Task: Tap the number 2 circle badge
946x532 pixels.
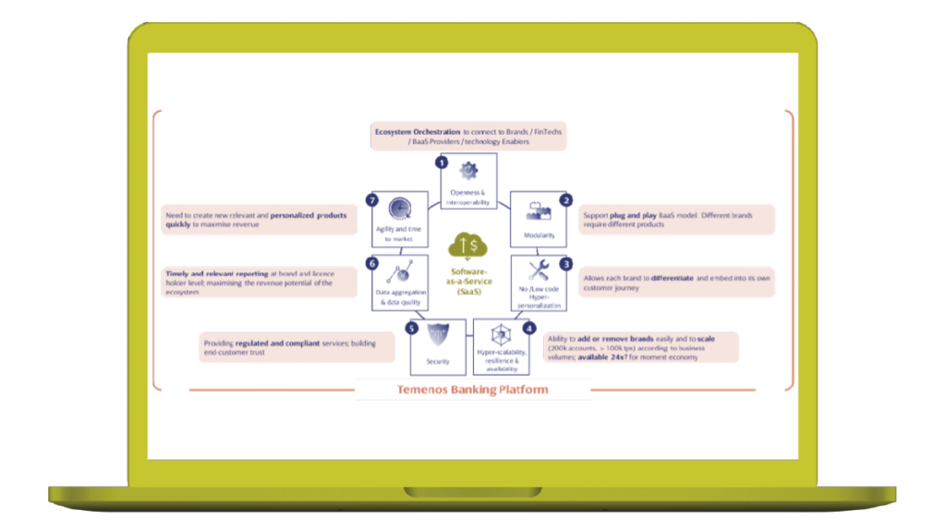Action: pyautogui.click(x=566, y=199)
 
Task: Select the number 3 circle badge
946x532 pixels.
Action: pyautogui.click(x=566, y=263)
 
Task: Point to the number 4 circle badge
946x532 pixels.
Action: pyautogui.click(x=528, y=327)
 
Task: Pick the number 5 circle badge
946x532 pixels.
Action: pyautogui.click(x=412, y=327)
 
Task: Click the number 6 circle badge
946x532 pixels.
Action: pyautogui.click(x=373, y=263)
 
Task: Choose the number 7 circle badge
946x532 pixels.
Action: pyautogui.click(x=373, y=200)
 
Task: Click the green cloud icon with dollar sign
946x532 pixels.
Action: pyautogui.click(x=468, y=247)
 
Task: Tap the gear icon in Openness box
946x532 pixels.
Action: pyautogui.click(x=468, y=171)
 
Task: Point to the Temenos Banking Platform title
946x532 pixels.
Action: pyautogui.click(x=472, y=390)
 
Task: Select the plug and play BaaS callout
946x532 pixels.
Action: pyautogui.click(x=677, y=220)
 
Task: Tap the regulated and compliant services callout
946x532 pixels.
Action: pyautogui.click(x=297, y=347)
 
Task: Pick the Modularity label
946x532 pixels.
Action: pyautogui.click(x=539, y=236)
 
